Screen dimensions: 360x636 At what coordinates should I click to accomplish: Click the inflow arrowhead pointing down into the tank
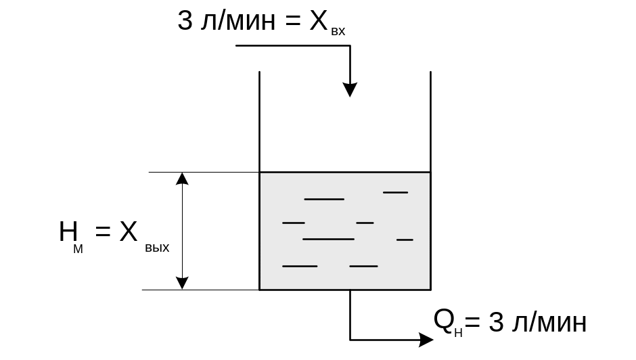[x=350, y=89]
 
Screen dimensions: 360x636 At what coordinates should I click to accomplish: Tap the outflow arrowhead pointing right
[x=426, y=339]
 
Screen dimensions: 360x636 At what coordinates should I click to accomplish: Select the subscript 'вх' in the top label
[x=338, y=31]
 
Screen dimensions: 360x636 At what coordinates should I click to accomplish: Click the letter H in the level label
[x=68, y=232]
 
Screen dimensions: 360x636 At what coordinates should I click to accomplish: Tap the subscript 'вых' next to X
[x=157, y=248]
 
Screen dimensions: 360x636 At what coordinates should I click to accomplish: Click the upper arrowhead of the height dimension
[x=182, y=179]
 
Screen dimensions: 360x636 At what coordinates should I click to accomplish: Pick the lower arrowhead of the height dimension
[x=182, y=282]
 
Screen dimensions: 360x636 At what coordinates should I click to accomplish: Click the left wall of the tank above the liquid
[x=260, y=122]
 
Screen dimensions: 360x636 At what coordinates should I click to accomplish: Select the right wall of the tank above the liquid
[x=430, y=122]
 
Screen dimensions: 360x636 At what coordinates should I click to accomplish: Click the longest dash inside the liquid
[x=328, y=239]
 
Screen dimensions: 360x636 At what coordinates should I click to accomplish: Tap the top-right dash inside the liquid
[x=395, y=192]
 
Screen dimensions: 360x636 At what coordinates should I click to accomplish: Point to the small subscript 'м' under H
[x=78, y=249]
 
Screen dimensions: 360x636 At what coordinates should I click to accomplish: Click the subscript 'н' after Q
[x=459, y=333]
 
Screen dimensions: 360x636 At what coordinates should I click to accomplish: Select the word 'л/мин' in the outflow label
[x=550, y=323]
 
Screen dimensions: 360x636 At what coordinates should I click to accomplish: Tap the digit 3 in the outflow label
[x=496, y=323]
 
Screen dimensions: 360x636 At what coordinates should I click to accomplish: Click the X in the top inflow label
[x=319, y=22]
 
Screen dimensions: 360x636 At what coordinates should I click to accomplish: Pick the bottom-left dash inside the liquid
[x=299, y=266]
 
